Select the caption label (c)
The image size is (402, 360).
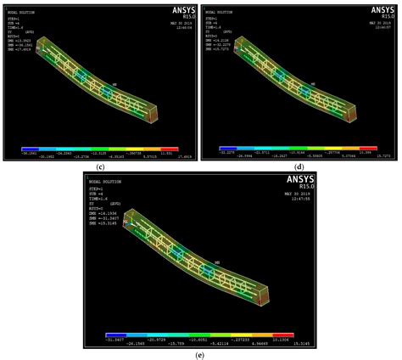pos(100,166)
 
